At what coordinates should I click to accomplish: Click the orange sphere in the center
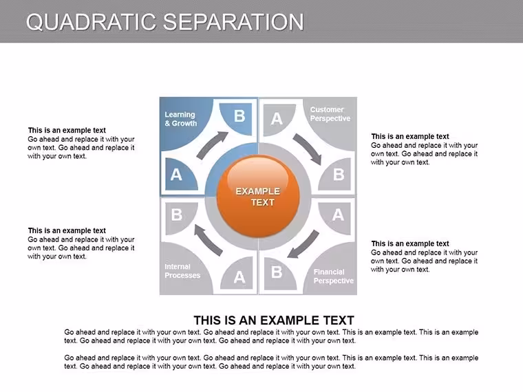258,197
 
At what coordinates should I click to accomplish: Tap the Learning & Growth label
180,119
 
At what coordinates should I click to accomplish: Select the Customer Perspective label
330,114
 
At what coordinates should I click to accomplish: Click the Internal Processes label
182,271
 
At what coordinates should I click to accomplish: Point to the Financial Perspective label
333,276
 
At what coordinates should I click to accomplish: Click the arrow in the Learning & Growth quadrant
213,145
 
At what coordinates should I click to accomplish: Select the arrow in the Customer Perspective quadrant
308,149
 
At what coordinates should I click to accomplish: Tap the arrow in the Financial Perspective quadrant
303,244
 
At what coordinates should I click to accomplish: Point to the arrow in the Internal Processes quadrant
209,240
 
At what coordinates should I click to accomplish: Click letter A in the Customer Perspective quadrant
277,119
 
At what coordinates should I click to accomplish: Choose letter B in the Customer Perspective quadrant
339,174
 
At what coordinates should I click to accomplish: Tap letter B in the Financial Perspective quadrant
277,272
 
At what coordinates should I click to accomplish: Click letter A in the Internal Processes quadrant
239,277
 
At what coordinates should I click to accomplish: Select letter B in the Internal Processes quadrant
176,215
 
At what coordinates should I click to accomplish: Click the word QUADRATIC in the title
91,22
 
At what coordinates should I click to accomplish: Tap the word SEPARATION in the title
233,22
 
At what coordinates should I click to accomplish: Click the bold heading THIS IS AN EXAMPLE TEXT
273,320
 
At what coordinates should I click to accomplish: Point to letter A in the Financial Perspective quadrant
338,215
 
